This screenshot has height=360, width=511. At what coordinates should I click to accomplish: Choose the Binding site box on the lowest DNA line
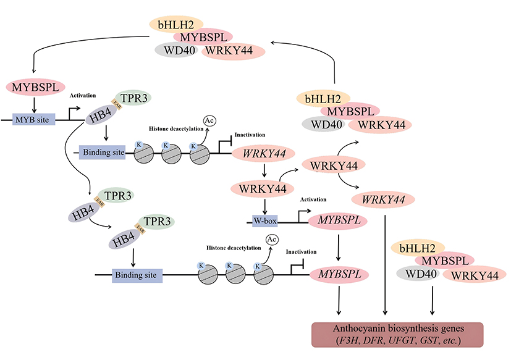(x=137, y=275)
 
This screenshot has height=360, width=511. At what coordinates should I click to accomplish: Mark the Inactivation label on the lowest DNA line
(x=301, y=252)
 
